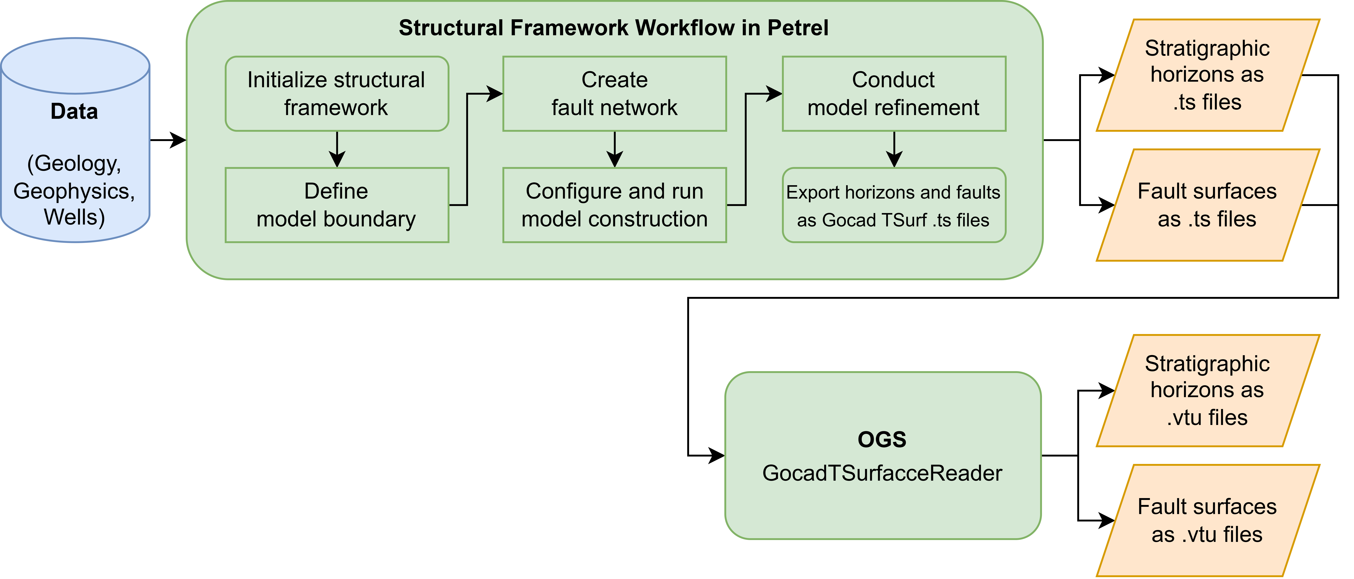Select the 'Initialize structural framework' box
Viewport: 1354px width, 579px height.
[336, 94]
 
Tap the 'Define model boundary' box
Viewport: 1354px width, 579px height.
[336, 205]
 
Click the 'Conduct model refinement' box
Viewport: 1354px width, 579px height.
[894, 94]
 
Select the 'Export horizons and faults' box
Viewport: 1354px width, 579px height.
[894, 205]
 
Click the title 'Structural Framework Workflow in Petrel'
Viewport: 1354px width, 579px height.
[613, 28]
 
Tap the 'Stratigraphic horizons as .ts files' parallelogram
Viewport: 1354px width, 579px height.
[1207, 75]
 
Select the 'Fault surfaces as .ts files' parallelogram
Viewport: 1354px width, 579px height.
[1207, 205]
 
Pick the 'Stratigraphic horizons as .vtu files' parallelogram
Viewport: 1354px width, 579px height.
[1207, 390]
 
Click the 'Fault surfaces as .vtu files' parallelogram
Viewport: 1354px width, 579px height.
[1207, 520]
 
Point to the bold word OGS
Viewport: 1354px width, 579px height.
[882, 439]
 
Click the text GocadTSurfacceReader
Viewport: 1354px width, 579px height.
[882, 473]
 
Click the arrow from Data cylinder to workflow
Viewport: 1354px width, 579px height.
[168, 140]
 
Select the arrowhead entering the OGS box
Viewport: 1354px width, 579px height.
[716, 456]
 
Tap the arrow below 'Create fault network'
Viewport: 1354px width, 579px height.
[614, 150]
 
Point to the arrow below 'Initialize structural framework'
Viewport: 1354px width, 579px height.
[337, 150]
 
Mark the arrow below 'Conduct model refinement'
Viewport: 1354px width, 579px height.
[894, 150]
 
